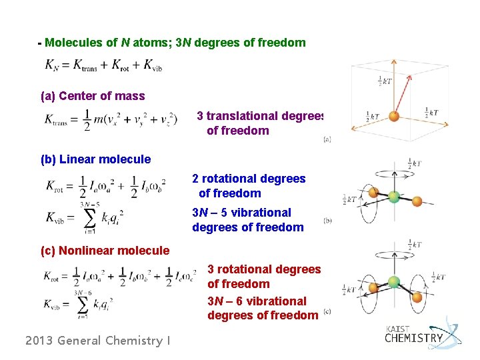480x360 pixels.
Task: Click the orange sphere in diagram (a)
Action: click(x=394, y=115)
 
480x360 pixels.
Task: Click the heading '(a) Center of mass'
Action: click(x=93, y=96)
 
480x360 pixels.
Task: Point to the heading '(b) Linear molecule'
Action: click(x=96, y=159)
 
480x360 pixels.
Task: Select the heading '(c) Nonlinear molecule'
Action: click(x=105, y=251)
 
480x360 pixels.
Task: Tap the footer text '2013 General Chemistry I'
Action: click(x=97, y=341)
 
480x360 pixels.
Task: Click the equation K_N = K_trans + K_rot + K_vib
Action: click(x=104, y=65)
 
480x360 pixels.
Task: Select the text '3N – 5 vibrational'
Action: click(x=241, y=213)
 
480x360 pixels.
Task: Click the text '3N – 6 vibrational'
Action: click(x=257, y=301)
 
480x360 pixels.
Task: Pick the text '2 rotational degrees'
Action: click(x=249, y=179)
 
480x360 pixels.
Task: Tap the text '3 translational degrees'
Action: click(x=260, y=116)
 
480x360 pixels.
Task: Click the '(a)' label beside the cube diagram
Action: click(x=327, y=139)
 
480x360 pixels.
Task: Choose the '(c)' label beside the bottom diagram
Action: click(x=327, y=311)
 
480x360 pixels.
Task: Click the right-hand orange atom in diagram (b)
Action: click(x=417, y=201)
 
